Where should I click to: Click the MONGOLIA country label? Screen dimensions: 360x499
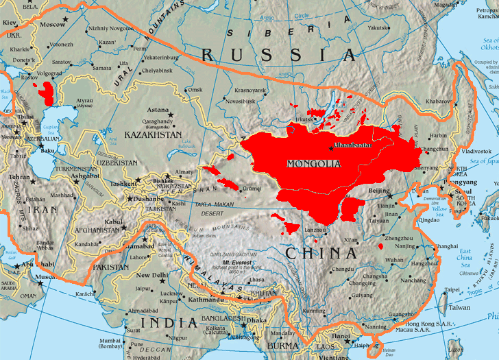(x=313, y=164)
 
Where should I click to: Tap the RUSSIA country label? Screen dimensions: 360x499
(x=277, y=54)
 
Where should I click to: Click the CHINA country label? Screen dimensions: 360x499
(x=321, y=253)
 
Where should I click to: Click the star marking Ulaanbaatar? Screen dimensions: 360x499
(x=332, y=149)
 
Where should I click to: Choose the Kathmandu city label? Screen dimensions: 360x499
(x=207, y=300)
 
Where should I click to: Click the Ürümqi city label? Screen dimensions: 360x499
(x=252, y=189)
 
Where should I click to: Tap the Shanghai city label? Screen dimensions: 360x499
(x=446, y=245)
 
